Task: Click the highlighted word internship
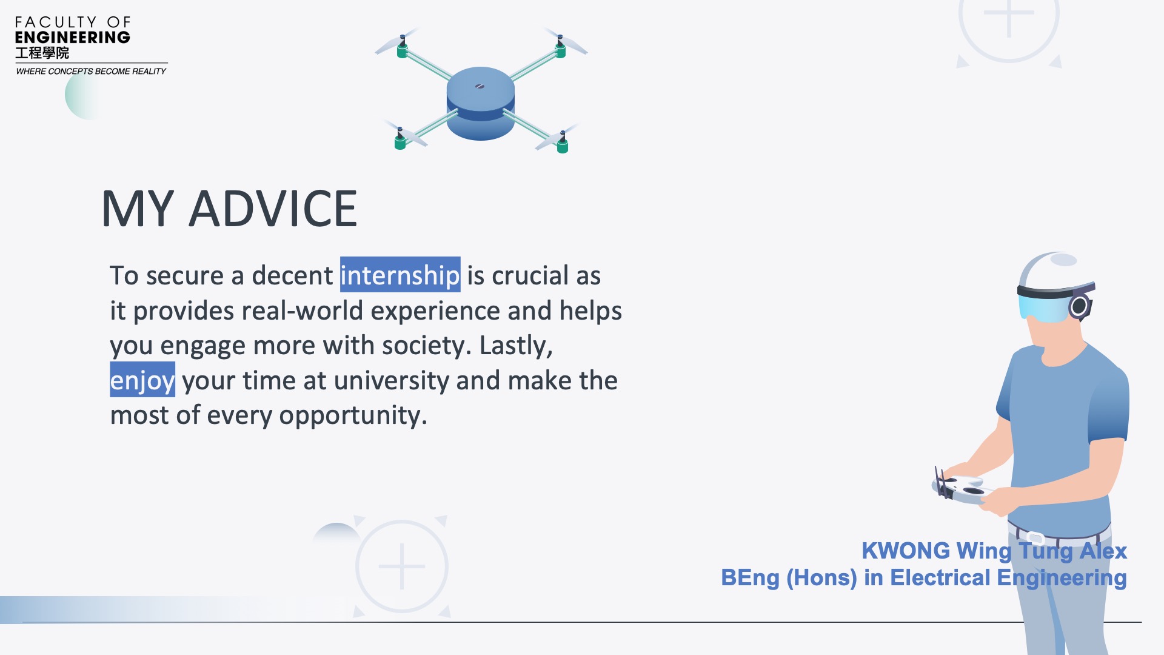click(x=400, y=275)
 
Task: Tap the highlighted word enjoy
click(x=142, y=380)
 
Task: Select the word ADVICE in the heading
click(x=273, y=209)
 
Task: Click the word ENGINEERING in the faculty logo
click(x=72, y=38)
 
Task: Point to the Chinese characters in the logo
click(x=42, y=53)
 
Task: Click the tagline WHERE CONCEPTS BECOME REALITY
click(x=91, y=71)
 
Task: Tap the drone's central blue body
click(x=481, y=103)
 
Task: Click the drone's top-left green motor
click(x=402, y=47)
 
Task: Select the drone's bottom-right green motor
click(x=563, y=143)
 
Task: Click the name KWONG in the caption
click(x=906, y=551)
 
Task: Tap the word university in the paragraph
click(x=392, y=381)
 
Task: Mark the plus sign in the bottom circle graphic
click(x=402, y=566)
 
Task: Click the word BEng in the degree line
click(x=750, y=578)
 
